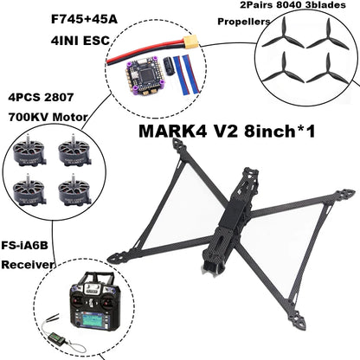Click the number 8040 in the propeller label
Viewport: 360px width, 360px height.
click(275, 4)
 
